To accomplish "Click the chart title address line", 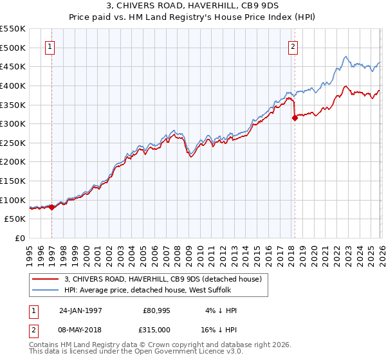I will tap(192, 6).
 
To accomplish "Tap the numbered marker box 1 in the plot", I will tap(50, 46).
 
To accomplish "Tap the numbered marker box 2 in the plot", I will tap(293, 46).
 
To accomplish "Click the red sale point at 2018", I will tap(295, 118).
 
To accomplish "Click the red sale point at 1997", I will tap(51, 207).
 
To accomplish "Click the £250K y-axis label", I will tap(13, 143).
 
